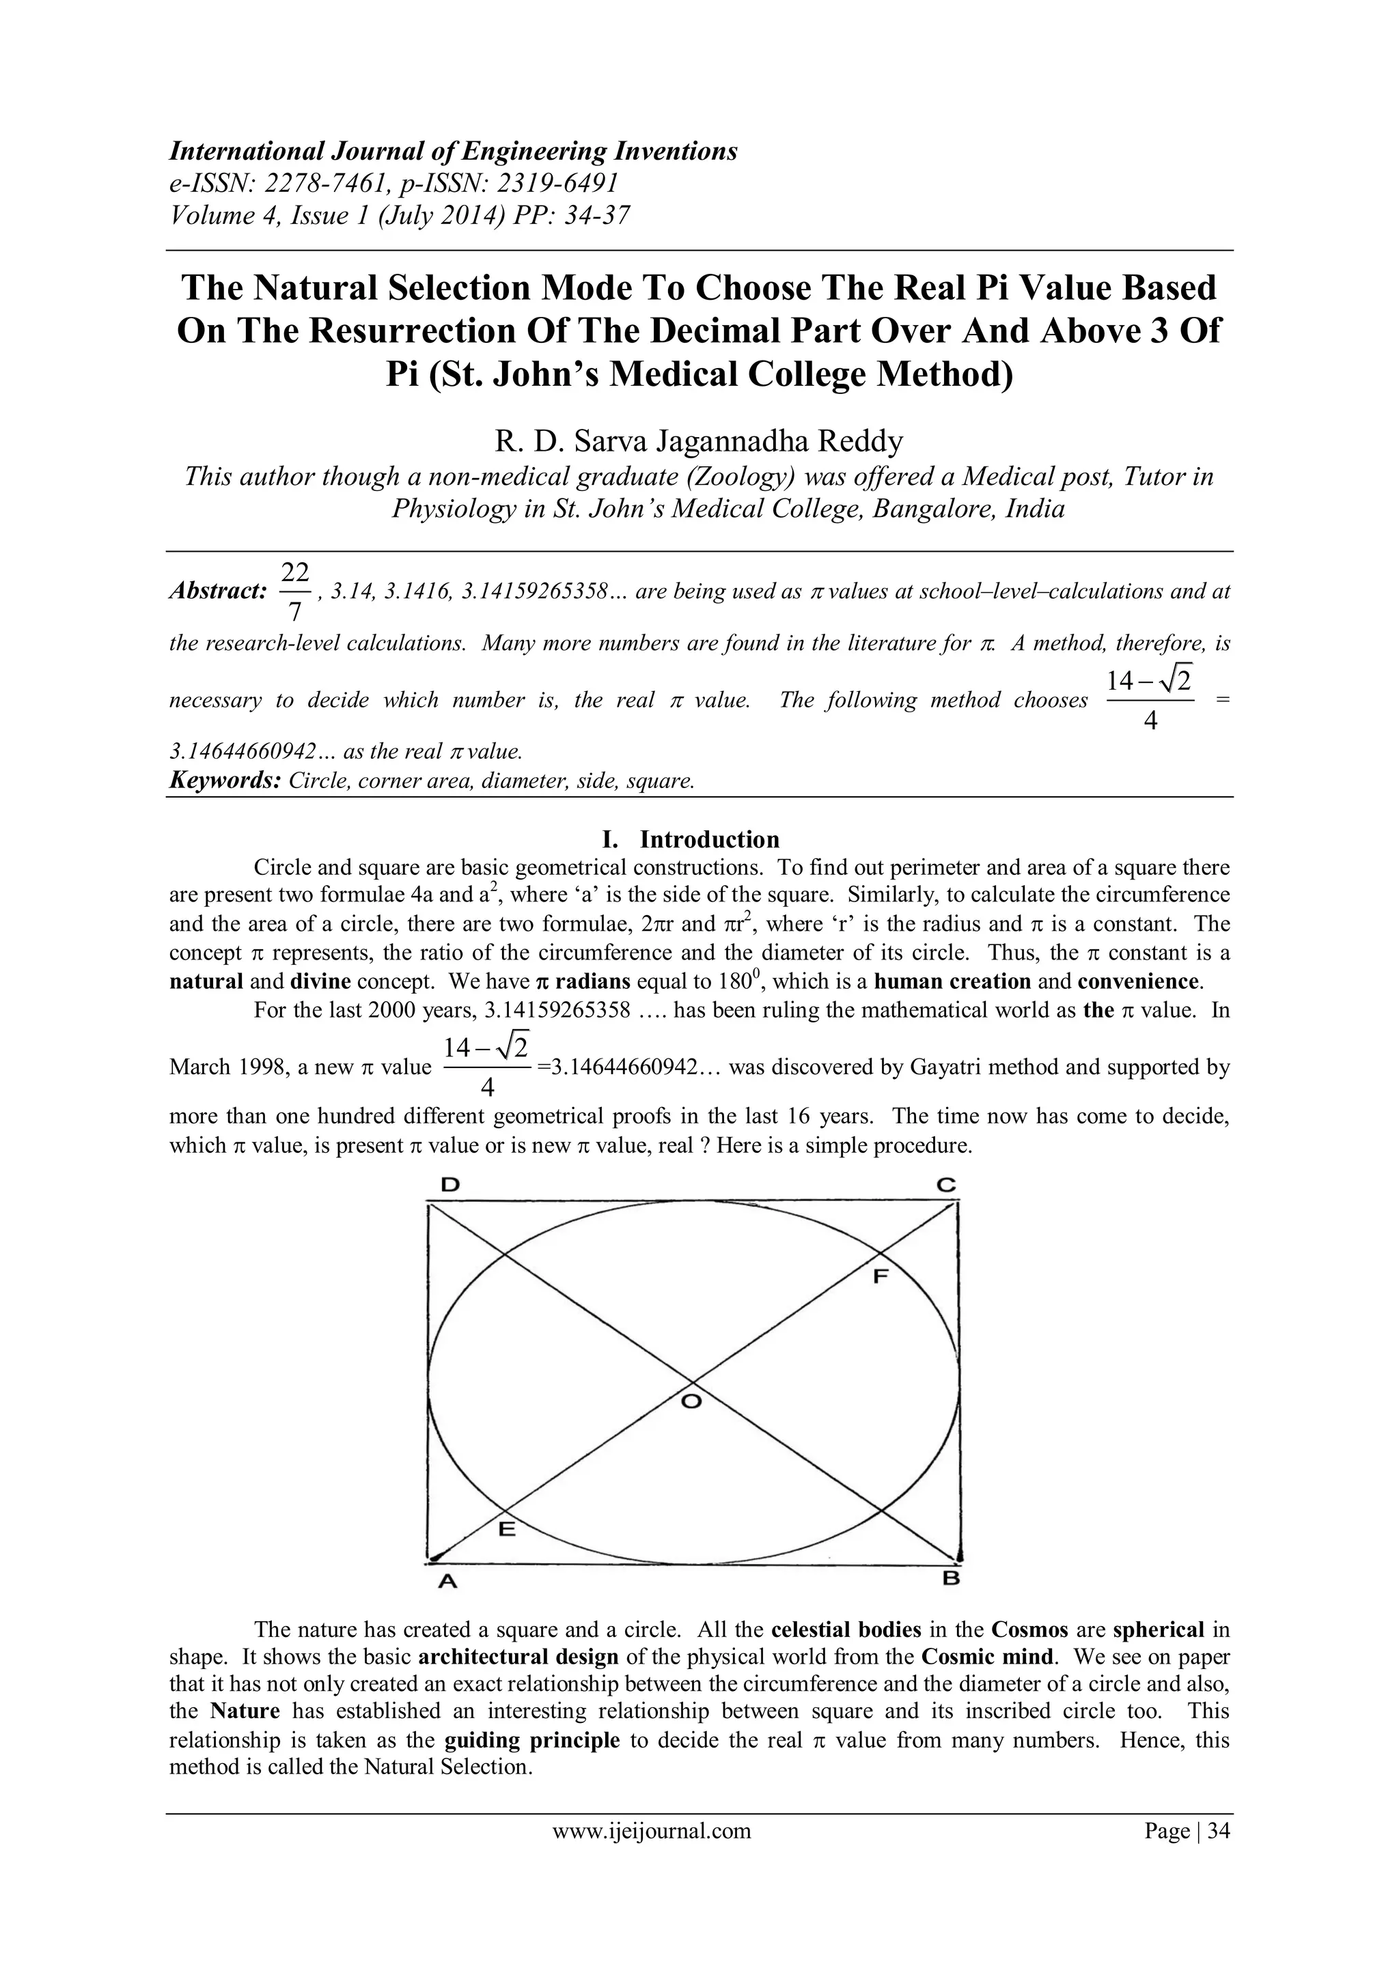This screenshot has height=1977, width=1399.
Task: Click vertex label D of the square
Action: click(449, 1186)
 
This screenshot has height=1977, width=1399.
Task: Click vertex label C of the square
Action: click(946, 1186)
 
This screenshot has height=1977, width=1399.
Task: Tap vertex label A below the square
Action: click(445, 1580)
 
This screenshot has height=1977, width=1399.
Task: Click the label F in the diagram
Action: click(880, 1276)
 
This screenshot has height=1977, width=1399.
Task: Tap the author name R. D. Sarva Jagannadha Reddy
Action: click(699, 442)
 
